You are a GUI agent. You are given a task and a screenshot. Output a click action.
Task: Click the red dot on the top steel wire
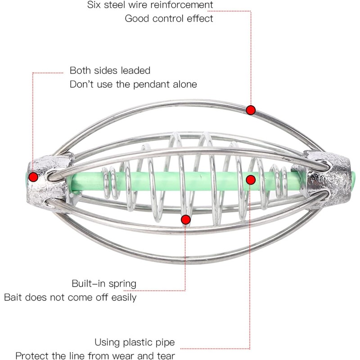click(251, 110)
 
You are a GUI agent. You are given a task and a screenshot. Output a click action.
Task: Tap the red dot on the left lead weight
click(33, 177)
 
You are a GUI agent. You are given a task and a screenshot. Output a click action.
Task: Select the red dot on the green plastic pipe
click(251, 180)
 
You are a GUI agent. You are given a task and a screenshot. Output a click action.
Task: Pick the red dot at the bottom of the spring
click(185, 220)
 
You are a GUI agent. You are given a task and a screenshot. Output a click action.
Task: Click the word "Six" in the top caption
click(94, 5)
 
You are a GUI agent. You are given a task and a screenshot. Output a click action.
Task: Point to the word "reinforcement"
click(182, 5)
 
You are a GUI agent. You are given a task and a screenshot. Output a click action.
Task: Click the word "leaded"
click(135, 71)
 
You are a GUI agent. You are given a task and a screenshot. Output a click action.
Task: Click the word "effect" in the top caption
click(200, 18)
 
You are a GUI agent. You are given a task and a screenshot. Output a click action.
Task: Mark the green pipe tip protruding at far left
click(26, 177)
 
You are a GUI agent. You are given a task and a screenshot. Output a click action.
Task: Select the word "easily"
click(124, 298)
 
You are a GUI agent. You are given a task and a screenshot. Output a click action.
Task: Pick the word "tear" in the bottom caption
click(166, 355)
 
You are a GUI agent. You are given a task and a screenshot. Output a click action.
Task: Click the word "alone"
click(185, 84)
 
